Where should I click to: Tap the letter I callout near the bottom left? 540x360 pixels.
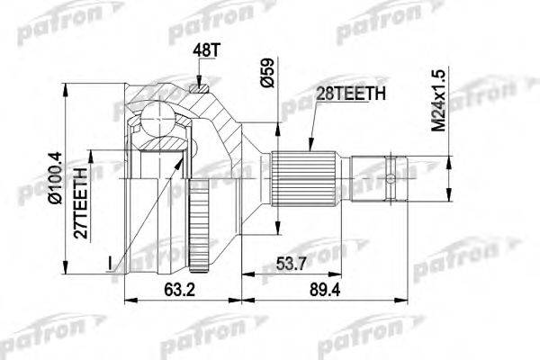pyautogui.click(x=108, y=263)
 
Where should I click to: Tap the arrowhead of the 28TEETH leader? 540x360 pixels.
pyautogui.click(x=309, y=149)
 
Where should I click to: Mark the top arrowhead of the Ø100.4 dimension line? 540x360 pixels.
pyautogui.click(x=66, y=81)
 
